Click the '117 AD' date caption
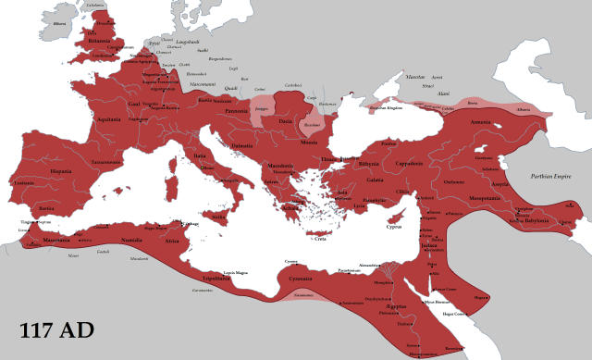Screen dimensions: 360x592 tap(55, 330)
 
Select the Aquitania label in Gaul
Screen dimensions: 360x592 tap(109, 119)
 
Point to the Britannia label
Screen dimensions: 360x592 tap(98, 42)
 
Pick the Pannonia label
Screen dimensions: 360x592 tap(239, 110)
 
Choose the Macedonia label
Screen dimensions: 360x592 tap(280, 167)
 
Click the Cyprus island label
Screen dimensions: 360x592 tap(393, 226)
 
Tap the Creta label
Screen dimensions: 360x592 tap(319, 239)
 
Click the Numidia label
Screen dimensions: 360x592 tap(132, 239)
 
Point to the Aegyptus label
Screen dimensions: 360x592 tap(396, 304)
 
